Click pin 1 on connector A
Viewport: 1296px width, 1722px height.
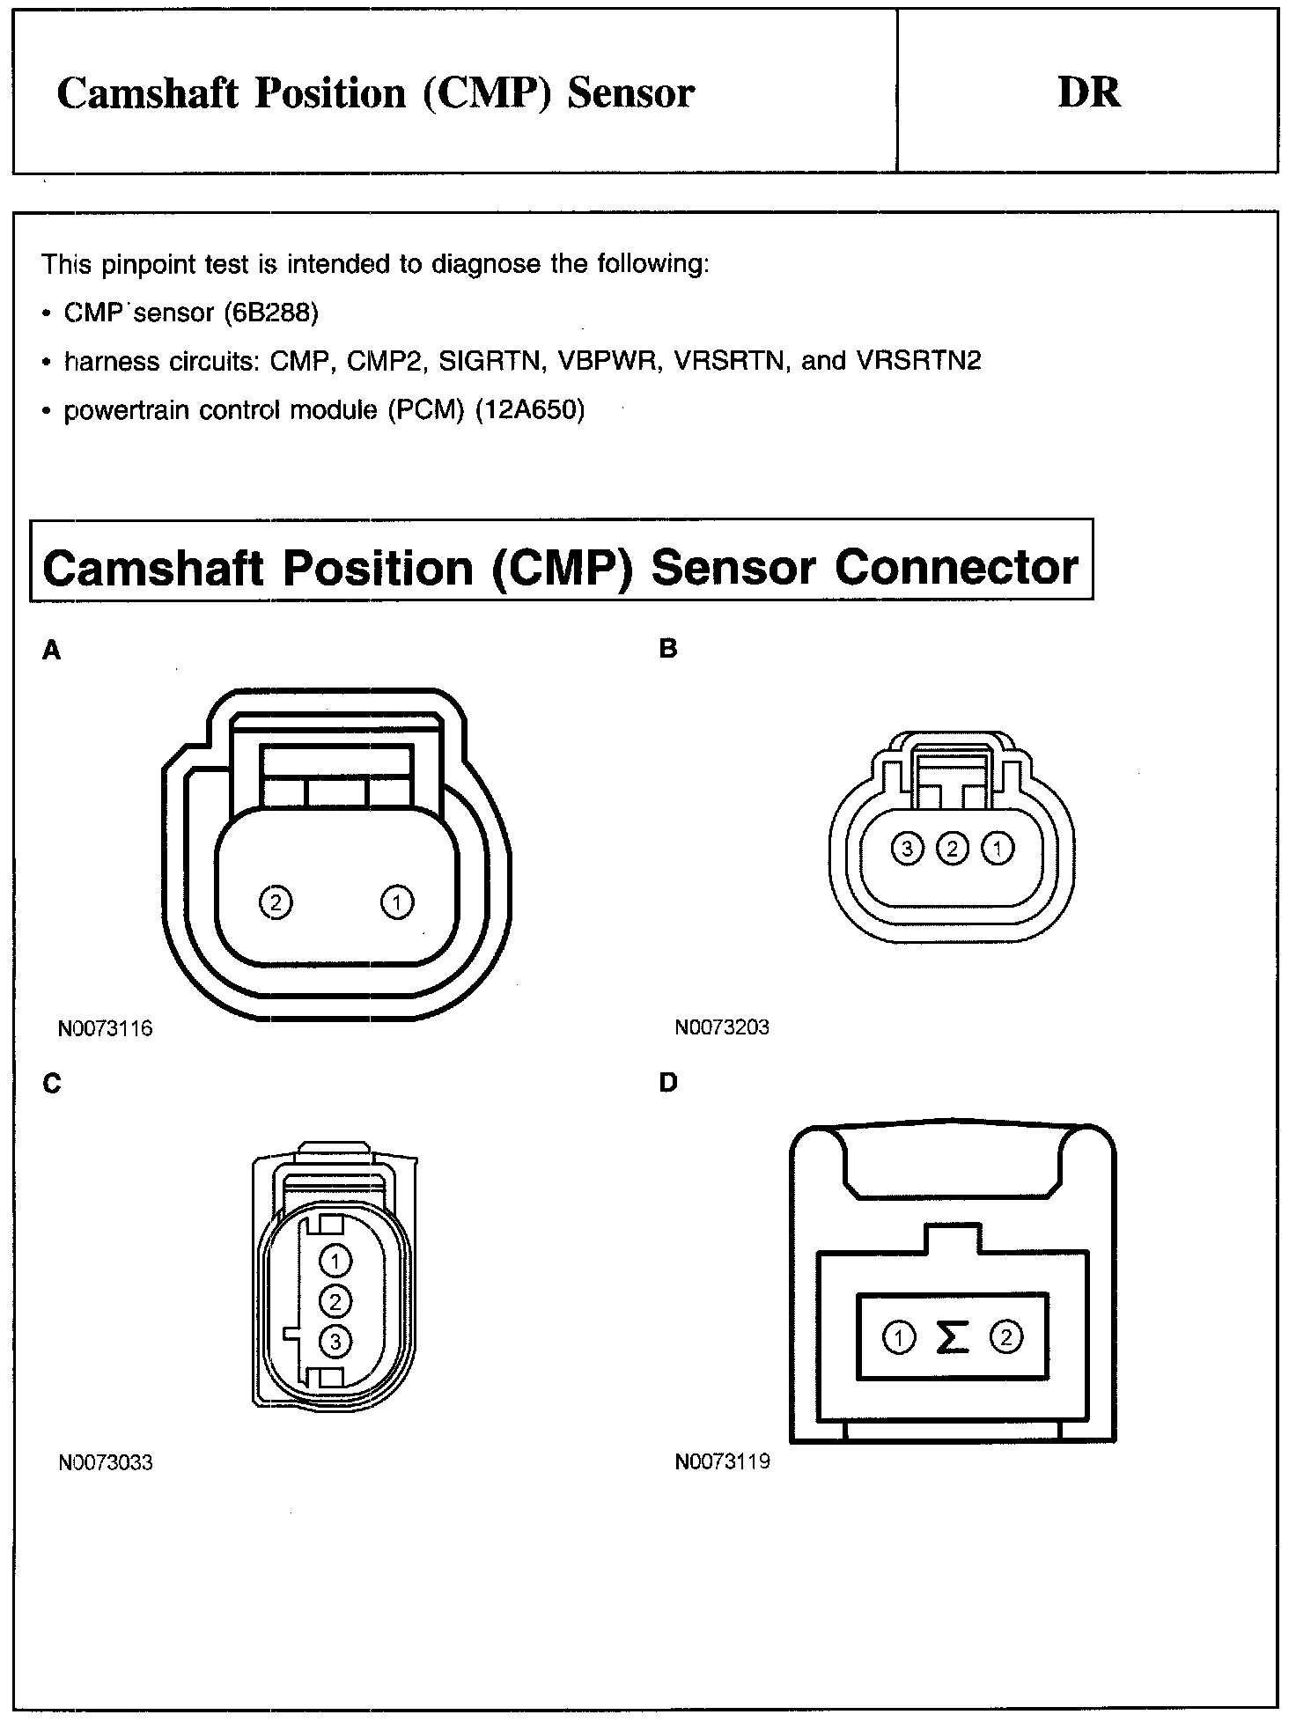point(397,901)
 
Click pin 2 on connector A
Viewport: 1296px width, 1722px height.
point(276,901)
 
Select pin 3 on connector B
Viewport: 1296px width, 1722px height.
point(906,849)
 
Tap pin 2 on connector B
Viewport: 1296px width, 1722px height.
point(952,849)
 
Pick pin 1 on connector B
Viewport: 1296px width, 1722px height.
point(998,849)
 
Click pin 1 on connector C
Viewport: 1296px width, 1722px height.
point(335,1261)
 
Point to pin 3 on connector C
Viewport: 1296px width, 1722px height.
point(335,1341)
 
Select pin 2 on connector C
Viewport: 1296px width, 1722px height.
point(335,1300)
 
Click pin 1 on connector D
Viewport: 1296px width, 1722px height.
point(898,1338)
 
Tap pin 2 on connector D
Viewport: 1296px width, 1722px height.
point(1006,1338)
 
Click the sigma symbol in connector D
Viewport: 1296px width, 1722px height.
point(952,1338)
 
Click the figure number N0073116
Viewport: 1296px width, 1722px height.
point(106,1028)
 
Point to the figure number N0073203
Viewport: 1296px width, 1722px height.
point(722,1027)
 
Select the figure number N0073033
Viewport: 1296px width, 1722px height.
point(106,1462)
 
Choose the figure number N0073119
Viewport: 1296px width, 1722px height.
point(722,1461)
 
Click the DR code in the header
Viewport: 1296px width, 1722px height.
point(1089,92)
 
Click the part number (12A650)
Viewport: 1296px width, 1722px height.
point(529,410)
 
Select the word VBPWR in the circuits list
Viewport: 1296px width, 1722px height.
point(608,361)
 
